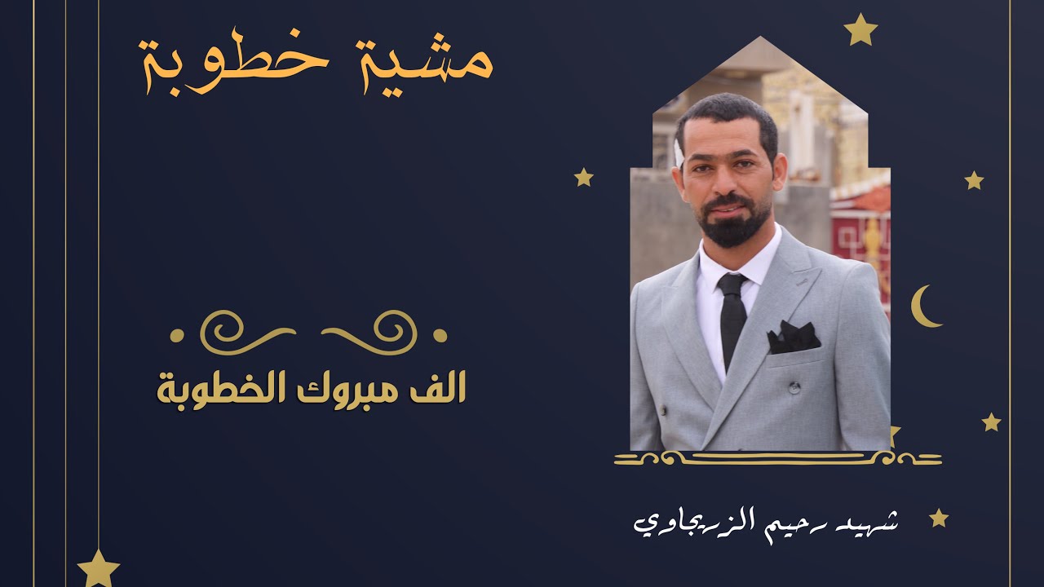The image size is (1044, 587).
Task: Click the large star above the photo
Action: [x=860, y=30]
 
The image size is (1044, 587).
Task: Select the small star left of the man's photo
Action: [x=583, y=177]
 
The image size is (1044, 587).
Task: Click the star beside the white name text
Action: [x=939, y=518]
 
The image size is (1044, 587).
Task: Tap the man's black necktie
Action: [x=732, y=318]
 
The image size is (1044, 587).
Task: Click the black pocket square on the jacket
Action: [x=793, y=337]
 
